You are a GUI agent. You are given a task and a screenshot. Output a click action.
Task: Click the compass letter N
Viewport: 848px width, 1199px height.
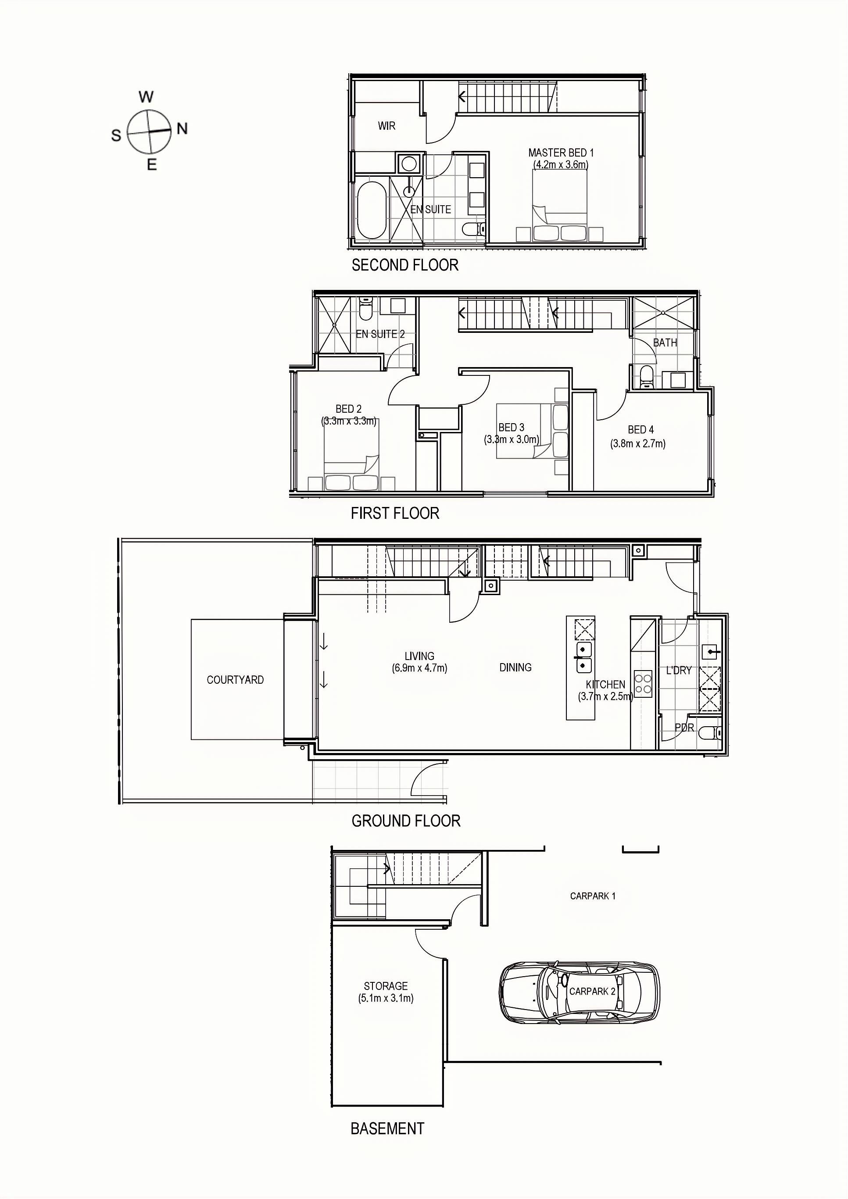coord(182,128)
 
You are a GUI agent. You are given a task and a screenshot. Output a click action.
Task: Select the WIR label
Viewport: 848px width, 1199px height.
coord(386,126)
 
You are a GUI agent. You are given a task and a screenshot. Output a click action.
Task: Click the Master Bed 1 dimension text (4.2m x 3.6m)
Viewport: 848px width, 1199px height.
coord(561,164)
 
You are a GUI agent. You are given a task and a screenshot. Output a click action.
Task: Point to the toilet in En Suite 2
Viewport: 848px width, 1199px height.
coord(366,309)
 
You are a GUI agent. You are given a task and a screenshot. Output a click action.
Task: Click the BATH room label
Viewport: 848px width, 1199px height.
coord(665,343)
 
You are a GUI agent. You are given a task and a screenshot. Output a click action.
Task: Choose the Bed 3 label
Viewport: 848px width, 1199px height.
coord(511,428)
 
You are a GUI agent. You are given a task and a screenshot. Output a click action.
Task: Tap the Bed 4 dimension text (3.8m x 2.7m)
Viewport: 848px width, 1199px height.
coord(637,444)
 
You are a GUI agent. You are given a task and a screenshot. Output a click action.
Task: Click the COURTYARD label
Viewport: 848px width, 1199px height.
coord(235,680)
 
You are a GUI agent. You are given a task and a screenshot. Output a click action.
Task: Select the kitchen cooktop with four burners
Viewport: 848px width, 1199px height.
coord(643,684)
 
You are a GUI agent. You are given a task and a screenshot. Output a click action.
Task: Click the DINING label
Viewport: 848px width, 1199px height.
coord(515,667)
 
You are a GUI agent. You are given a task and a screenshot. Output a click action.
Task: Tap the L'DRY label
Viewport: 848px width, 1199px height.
coord(678,671)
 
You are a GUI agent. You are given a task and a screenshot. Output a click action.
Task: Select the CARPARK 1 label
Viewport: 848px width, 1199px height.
coord(593,896)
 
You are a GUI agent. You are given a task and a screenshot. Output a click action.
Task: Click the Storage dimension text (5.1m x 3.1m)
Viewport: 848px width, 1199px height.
coord(386,998)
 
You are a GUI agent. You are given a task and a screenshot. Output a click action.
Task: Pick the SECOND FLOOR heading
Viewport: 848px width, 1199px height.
coord(405,265)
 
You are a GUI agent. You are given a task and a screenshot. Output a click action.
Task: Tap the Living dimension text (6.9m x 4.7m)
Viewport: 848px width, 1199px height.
coord(419,668)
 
